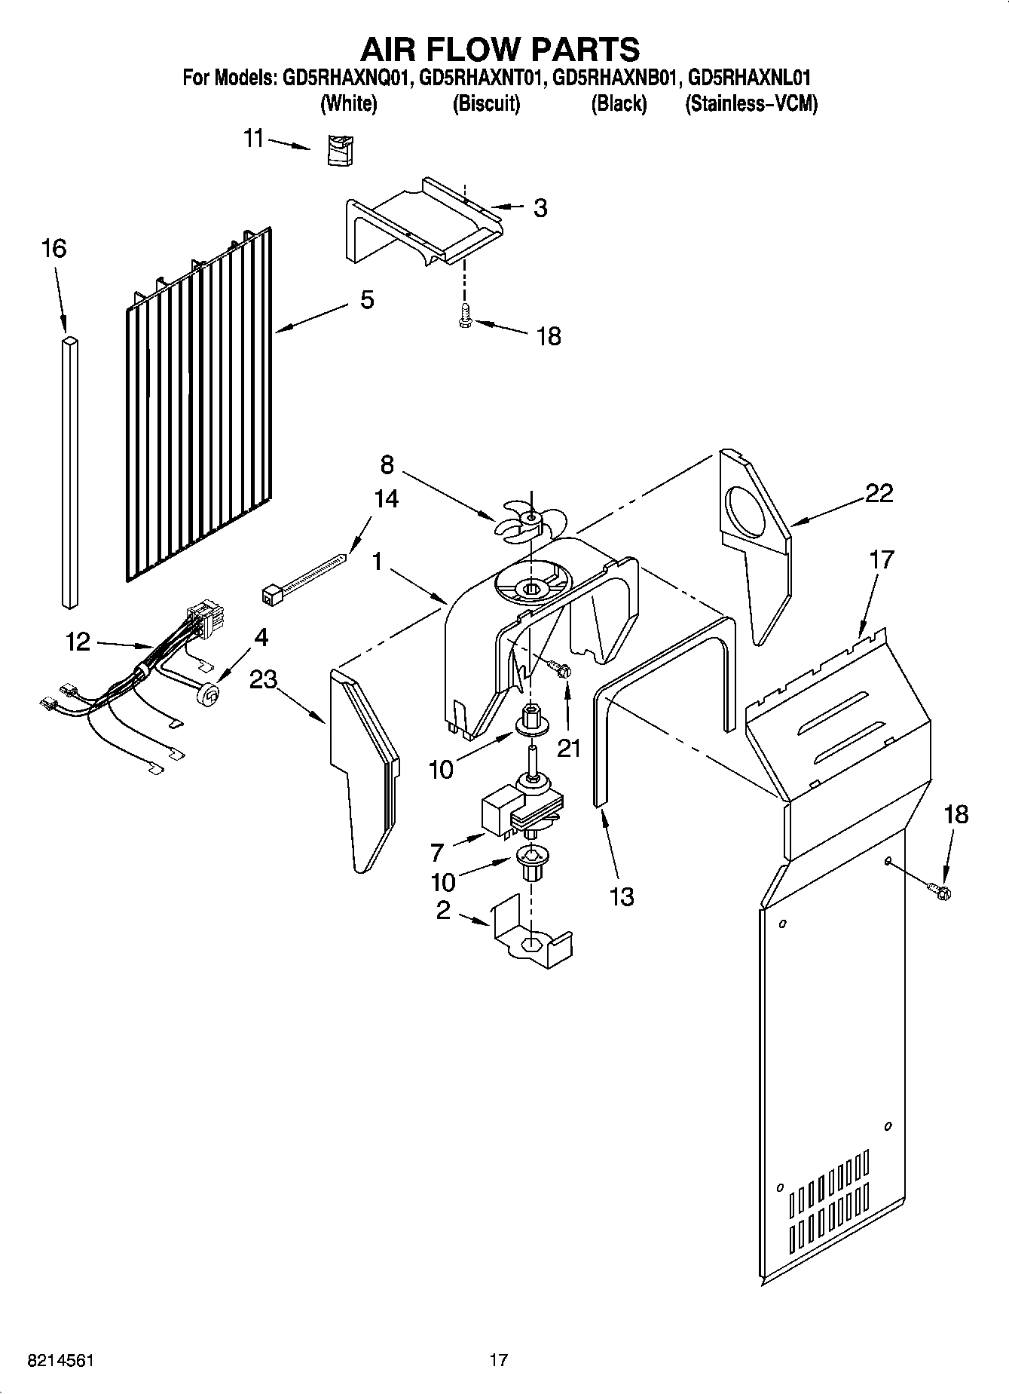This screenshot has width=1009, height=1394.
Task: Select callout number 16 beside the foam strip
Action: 54,248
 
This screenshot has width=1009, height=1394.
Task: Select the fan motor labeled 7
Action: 520,810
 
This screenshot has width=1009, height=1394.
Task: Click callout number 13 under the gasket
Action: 622,896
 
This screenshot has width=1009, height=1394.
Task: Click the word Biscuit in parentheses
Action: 486,104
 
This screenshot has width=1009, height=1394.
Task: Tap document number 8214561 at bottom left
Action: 60,1360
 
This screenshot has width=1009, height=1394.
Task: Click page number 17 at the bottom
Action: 498,1360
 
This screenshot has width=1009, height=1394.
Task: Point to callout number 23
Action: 264,680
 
